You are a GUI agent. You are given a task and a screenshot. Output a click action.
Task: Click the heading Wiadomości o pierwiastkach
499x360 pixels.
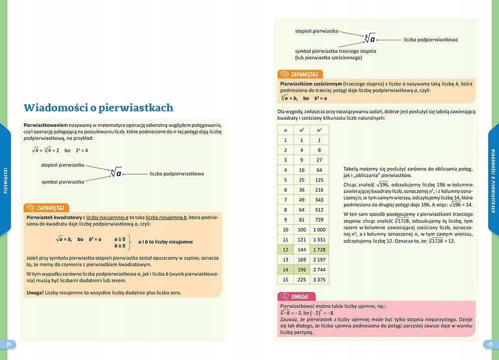pos(98,107)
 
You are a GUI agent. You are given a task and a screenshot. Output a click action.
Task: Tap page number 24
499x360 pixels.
pos(8,344)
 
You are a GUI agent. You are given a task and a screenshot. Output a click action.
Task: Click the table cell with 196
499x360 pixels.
pos(302,270)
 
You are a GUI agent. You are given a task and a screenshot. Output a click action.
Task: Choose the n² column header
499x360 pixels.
pos(302,130)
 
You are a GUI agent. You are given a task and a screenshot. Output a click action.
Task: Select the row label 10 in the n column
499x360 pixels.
pos(285,230)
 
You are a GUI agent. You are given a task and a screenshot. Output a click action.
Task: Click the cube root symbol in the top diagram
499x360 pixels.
pos(370,38)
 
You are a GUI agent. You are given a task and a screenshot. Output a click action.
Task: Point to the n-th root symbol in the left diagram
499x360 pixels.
pos(116,173)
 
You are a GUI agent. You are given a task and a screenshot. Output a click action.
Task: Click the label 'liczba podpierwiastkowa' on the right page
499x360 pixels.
pos(431,39)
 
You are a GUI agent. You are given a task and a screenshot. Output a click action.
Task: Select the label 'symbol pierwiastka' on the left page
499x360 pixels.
pos(63,182)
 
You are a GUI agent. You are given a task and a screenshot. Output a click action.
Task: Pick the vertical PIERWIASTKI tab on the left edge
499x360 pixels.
pos(5,180)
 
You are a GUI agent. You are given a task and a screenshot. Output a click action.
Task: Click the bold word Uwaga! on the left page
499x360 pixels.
pos(35,292)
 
